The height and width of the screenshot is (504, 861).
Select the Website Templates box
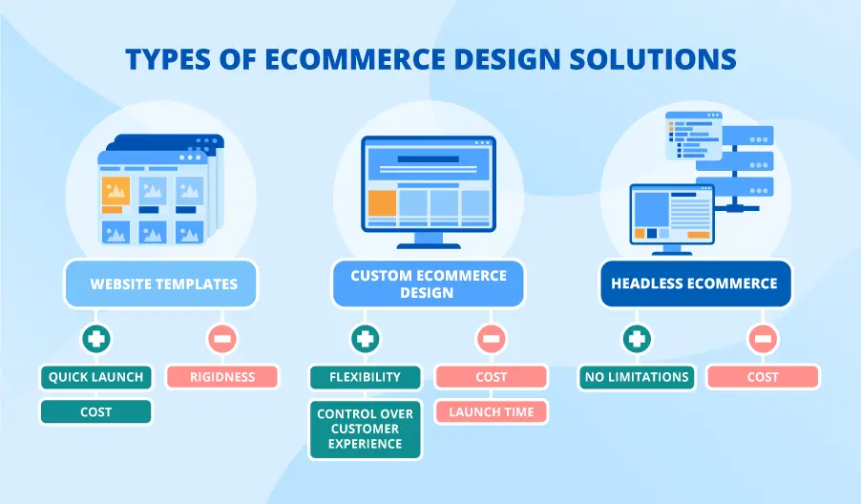[163, 283]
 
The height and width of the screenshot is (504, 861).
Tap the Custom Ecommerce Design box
[428, 283]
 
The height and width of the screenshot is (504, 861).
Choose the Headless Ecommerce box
[695, 283]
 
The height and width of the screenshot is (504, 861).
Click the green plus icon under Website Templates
[94, 339]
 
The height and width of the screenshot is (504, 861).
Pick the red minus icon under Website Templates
[221, 339]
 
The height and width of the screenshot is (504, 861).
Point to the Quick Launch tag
[95, 376]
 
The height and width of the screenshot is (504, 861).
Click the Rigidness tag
[221, 376]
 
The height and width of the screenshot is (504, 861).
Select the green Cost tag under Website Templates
[95, 412]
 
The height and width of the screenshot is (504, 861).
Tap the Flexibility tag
[365, 376]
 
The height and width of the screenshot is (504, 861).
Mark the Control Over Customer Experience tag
[365, 430]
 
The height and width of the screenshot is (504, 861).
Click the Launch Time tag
[492, 412]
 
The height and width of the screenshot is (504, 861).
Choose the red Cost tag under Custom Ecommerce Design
[492, 376]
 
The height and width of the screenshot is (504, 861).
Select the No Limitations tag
[636, 376]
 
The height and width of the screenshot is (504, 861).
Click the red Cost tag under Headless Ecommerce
[763, 376]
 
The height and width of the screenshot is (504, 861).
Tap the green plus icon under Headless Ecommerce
[636, 339]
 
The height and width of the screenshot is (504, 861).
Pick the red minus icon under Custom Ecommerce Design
[492, 339]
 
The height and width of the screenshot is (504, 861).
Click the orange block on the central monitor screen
[382, 202]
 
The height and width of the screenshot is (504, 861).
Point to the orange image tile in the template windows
[115, 191]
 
